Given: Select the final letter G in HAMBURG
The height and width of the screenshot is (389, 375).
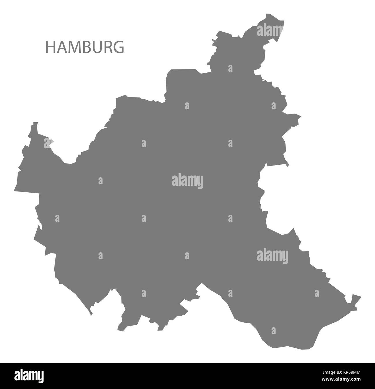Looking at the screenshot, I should [x=119, y=47].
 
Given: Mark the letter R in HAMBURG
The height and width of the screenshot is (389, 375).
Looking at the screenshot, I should [x=107, y=47].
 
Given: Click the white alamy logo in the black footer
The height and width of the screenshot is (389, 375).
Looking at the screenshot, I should [x=29, y=376].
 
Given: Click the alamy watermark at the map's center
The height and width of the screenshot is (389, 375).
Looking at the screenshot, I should [x=187, y=181].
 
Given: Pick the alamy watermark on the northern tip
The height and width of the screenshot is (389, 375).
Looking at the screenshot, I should [x=270, y=30].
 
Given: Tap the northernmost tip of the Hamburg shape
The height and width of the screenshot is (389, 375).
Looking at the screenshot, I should [x=268, y=14].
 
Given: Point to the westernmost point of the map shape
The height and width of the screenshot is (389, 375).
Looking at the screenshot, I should [x=14, y=191].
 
